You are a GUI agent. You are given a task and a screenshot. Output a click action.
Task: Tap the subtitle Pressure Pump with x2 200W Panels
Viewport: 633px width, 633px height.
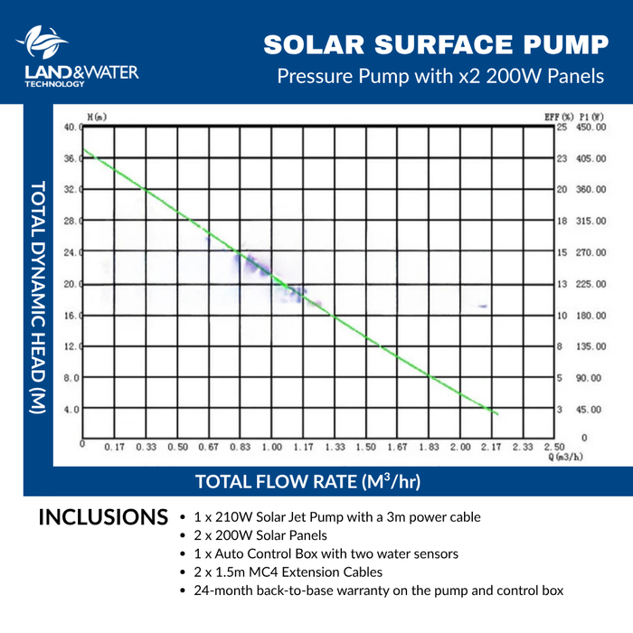coord(439,76)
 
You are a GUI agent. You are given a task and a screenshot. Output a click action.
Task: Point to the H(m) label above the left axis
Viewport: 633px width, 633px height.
coord(96,118)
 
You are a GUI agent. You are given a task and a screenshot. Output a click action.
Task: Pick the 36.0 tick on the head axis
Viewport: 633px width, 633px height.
coord(71,158)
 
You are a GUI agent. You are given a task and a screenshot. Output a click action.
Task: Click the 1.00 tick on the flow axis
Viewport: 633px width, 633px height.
coord(271,447)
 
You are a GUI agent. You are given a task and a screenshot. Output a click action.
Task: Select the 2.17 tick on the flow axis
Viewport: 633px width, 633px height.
coord(492,447)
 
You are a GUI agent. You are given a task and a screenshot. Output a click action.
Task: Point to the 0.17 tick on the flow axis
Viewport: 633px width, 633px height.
coord(114,447)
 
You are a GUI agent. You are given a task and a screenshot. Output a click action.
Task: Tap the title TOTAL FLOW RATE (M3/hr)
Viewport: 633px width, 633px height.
coord(307,480)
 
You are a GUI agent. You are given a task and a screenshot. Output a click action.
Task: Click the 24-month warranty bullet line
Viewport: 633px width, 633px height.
coord(378,590)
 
